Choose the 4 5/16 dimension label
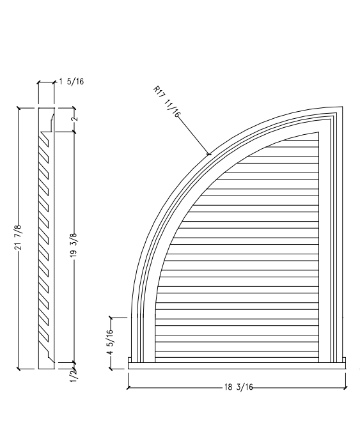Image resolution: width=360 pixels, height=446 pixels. (x=111, y=342)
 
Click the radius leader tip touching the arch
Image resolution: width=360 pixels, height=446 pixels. (x=209, y=153)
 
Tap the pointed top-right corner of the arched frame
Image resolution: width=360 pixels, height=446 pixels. (x=339, y=108)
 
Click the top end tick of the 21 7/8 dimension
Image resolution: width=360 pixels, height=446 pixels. (x=19, y=108)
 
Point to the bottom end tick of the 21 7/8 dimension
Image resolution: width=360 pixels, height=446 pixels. (x=19, y=369)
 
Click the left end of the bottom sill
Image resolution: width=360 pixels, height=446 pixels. (x=130, y=364)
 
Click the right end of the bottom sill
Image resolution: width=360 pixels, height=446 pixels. (x=345, y=364)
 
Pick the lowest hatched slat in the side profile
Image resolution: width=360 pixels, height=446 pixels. (x=44, y=335)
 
